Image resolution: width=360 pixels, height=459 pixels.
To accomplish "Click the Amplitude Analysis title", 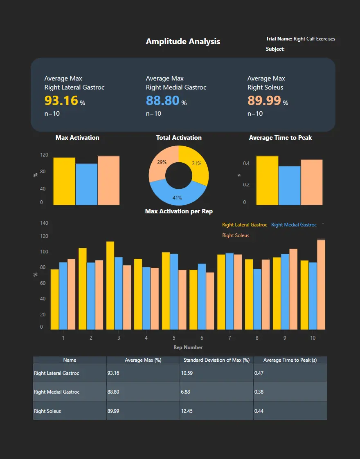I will tap(183, 41).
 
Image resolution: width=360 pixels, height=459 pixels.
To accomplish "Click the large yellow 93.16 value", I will tap(61, 100).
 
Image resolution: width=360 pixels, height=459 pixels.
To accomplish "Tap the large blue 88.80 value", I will tap(162, 100).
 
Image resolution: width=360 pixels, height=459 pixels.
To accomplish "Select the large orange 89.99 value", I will tap(264, 100).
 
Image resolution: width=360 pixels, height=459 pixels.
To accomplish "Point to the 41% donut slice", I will tap(177, 195).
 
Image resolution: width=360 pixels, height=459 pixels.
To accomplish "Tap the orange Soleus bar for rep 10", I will tap(321, 284).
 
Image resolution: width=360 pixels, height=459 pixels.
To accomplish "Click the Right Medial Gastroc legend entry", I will tap(294, 225).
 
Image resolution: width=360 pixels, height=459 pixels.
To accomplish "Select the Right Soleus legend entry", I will tap(236, 235).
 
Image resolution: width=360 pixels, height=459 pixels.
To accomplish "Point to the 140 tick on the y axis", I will tap(44, 223).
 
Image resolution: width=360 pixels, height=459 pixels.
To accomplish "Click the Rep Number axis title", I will tap(188, 347).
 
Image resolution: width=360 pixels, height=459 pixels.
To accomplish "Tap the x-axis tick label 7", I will tap(229, 338).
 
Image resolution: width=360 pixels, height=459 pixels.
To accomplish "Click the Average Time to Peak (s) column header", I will tap(290, 360).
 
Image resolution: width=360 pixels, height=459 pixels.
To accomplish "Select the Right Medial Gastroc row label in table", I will tap(57, 392).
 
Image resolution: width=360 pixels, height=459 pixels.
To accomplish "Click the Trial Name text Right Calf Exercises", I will tap(314, 39).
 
